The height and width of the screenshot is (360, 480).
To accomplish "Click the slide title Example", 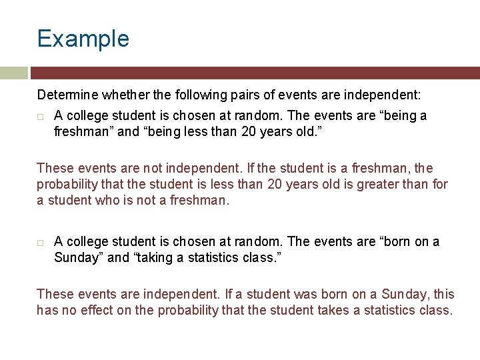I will pos(83,39).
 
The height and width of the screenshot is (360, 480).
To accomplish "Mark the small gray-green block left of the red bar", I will pos(13,73).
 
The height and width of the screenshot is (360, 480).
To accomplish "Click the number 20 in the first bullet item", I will pos(248,131).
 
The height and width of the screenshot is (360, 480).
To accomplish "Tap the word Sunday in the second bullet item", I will pos(77,257).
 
